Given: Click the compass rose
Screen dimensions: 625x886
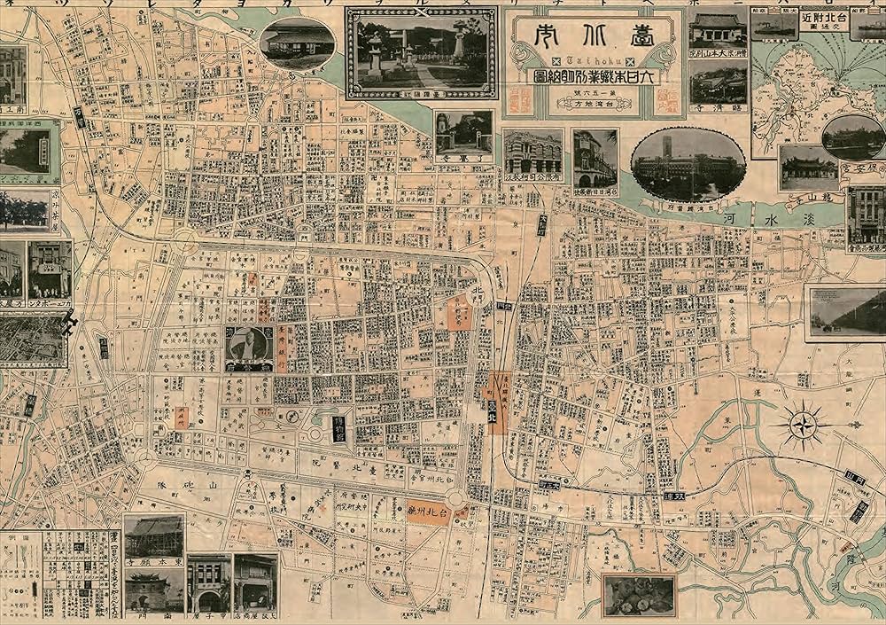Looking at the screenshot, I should (x=803, y=424).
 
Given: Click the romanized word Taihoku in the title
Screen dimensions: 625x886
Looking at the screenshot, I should (x=593, y=59).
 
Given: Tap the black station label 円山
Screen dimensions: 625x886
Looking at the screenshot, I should (x=856, y=479).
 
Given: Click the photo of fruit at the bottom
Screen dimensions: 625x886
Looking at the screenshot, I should (x=638, y=595).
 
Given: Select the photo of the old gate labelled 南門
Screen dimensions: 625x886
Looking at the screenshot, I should (x=154, y=590).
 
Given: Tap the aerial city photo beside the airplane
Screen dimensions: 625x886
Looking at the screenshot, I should (x=33, y=341).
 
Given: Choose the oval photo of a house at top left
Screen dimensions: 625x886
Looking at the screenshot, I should (x=297, y=43).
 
